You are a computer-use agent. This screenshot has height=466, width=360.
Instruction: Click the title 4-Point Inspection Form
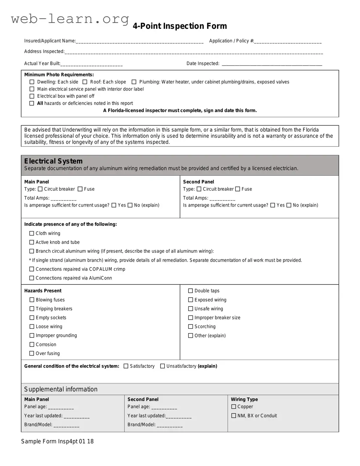coord(180,26)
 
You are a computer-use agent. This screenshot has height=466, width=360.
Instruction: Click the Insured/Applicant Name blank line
coord(139,41)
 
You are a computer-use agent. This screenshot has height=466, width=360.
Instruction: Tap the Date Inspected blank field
coord(272,64)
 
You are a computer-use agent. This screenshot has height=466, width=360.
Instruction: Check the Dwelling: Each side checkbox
coord(32,82)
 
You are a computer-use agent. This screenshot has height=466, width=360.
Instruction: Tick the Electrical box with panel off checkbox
coord(32,96)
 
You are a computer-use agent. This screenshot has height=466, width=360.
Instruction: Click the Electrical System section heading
coord(53,161)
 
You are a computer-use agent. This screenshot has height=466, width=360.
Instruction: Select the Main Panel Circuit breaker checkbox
coord(40,189)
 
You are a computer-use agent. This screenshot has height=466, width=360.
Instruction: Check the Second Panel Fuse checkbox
coord(238,189)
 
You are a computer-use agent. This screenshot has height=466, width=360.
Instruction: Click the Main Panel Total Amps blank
coord(64,198)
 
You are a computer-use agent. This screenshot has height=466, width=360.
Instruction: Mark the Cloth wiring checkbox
coord(32,234)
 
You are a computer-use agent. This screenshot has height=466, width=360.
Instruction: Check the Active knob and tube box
coord(32,242)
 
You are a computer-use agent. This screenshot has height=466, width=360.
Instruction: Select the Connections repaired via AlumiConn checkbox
coord(32,278)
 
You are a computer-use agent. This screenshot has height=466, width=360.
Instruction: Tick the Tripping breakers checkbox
coord(32,309)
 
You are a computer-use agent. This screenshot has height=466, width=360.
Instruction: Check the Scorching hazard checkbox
coord(191,327)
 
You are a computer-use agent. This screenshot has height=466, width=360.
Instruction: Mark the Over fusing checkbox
coord(32,354)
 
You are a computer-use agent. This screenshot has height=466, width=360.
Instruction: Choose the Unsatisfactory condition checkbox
coord(163,366)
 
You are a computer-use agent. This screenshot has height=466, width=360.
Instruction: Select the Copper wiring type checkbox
coord(234,407)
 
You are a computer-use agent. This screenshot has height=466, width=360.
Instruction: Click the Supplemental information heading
coord(61,389)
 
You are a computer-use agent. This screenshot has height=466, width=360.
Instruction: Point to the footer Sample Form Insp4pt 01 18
coord(57,441)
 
